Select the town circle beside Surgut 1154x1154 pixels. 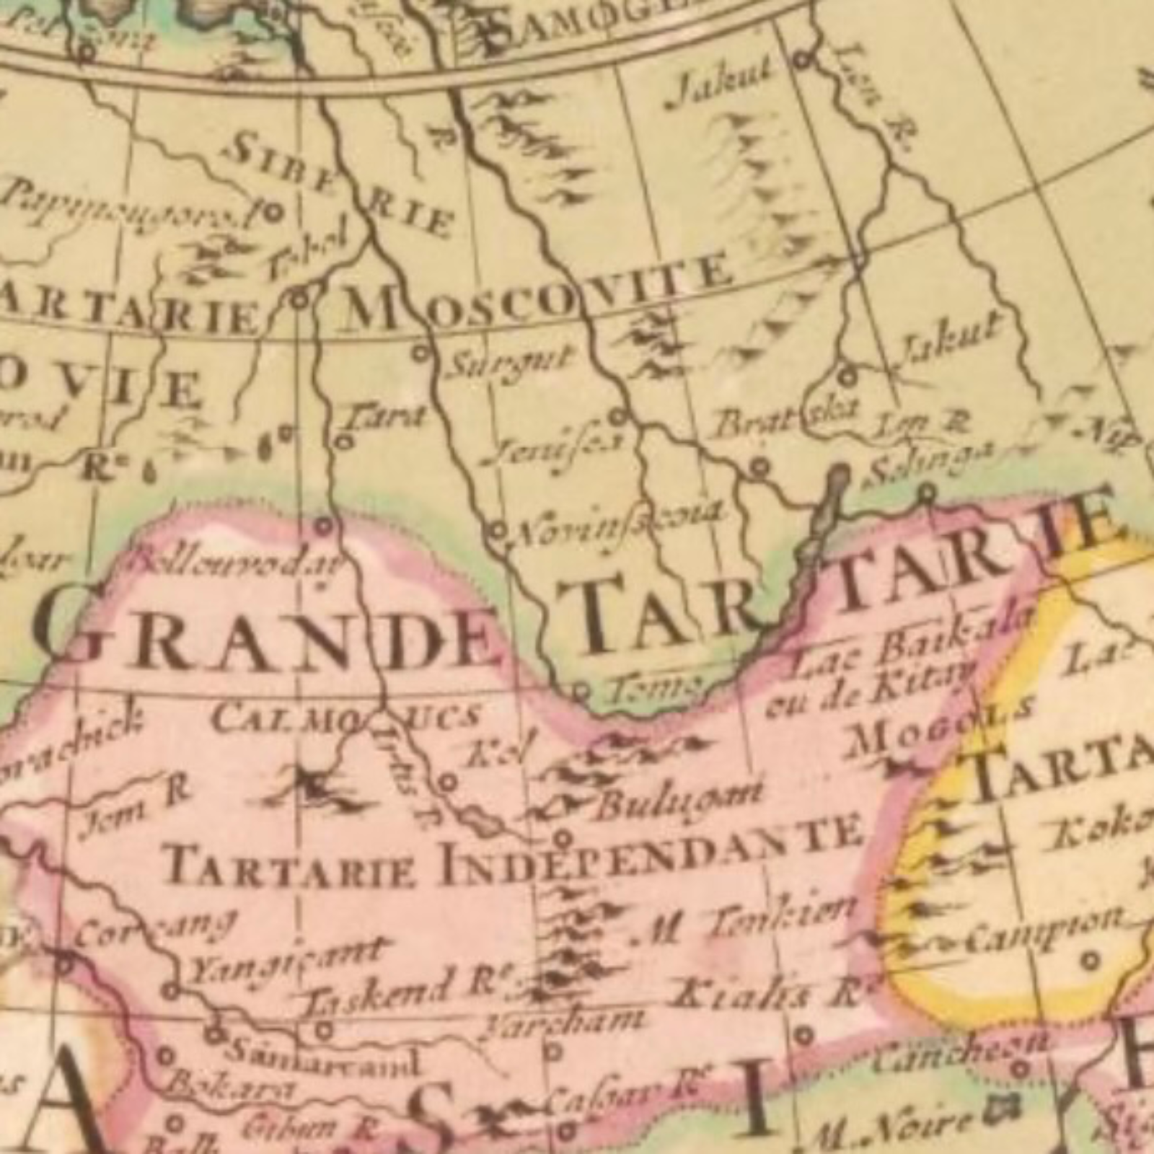tap(420, 353)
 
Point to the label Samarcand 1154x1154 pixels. tap(321, 1057)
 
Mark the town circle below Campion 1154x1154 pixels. tap(1091, 960)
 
